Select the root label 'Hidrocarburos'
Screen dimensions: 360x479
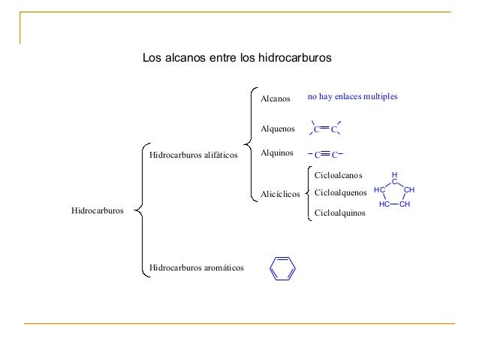pyautogui.click(x=98, y=211)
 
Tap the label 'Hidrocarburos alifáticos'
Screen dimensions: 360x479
pyautogui.click(x=193, y=156)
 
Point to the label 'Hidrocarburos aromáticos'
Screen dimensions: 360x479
pyautogui.click(x=196, y=267)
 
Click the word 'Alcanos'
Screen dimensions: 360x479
pyautogui.click(x=275, y=99)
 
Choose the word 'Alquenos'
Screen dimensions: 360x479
pyautogui.click(x=277, y=129)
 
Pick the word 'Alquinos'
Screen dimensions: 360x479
pyautogui.click(x=276, y=153)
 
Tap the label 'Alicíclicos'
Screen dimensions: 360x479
pyautogui.click(x=279, y=195)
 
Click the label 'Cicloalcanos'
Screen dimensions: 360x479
pyautogui.click(x=338, y=175)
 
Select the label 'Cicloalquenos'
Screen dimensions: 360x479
pyautogui.click(x=340, y=193)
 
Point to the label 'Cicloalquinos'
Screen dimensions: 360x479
pyautogui.click(x=339, y=213)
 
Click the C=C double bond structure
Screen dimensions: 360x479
pyautogui.click(x=326, y=129)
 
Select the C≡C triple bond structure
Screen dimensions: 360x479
pyautogui.click(x=326, y=155)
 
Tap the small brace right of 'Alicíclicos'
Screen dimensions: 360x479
pyautogui.click(x=308, y=195)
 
